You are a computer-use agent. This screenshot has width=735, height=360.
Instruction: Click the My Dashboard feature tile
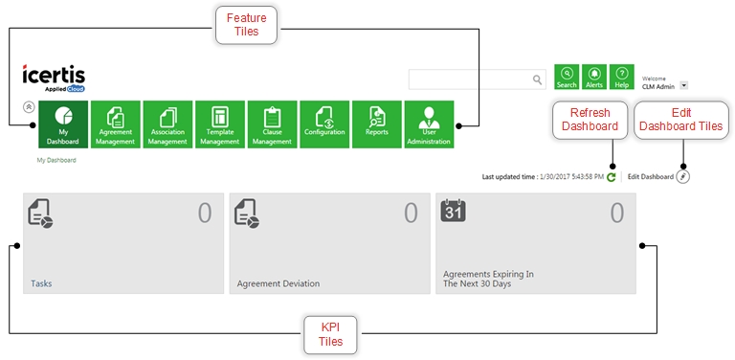(x=63, y=124)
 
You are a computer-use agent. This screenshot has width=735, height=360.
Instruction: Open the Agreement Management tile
(x=115, y=124)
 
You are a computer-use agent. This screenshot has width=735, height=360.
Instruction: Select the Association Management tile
(x=167, y=124)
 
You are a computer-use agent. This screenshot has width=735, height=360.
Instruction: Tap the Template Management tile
(x=220, y=124)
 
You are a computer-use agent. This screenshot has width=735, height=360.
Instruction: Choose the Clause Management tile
(x=273, y=124)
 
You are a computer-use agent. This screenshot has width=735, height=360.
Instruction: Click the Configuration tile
(x=324, y=124)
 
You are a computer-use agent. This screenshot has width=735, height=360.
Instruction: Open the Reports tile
(x=377, y=124)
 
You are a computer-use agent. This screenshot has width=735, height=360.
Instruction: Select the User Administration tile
(x=429, y=124)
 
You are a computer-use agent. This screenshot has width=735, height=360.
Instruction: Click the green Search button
(x=567, y=77)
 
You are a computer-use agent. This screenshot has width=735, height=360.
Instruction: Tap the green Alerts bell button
(x=594, y=77)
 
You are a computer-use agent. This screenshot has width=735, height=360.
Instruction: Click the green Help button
(x=621, y=77)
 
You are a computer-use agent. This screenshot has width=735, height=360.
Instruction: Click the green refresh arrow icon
(x=611, y=177)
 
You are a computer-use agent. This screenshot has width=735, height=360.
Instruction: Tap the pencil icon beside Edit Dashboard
(x=683, y=177)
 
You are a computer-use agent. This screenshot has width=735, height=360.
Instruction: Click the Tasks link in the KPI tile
(x=41, y=283)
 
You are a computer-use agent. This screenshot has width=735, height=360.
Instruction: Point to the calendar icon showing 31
(x=454, y=211)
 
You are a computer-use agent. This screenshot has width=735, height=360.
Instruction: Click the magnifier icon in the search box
(x=537, y=79)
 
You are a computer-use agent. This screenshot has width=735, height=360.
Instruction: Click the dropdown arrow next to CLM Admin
(x=684, y=86)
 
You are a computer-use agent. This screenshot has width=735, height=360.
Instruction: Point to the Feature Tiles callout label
(x=247, y=25)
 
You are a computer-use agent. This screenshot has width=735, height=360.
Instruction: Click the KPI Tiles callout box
(x=330, y=335)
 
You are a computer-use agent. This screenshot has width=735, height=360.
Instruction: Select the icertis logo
(x=54, y=78)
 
